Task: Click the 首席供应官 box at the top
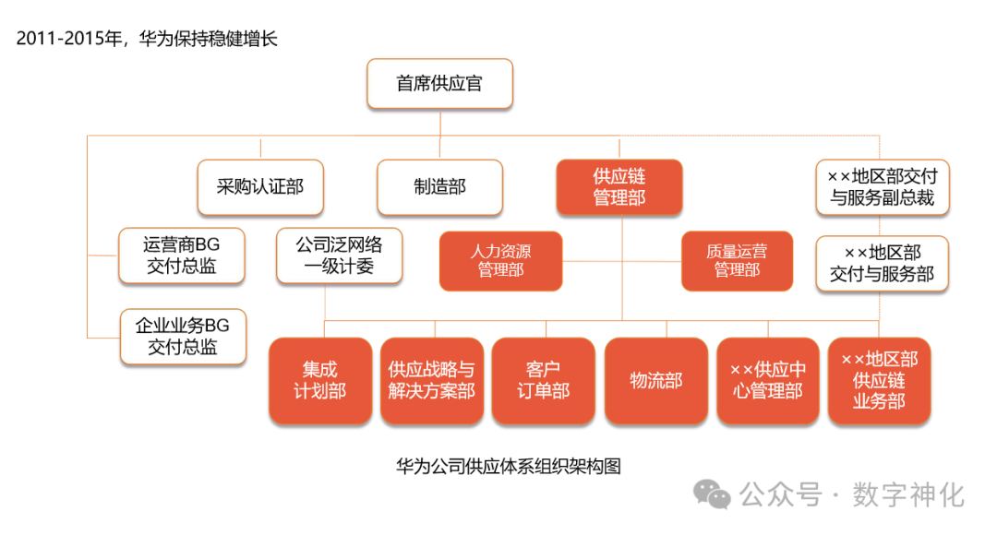(x=439, y=84)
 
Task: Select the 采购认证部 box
(x=259, y=187)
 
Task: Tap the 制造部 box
(x=439, y=187)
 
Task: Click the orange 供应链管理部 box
(x=619, y=186)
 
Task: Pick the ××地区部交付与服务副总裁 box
(x=883, y=186)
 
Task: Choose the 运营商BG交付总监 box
(x=182, y=256)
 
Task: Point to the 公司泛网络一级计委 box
(x=339, y=256)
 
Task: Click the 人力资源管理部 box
(x=500, y=260)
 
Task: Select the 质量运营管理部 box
(x=736, y=260)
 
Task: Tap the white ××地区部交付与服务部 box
(x=882, y=263)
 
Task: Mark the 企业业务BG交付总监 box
(x=183, y=336)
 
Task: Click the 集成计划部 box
(x=319, y=380)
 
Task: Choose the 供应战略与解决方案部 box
(x=431, y=380)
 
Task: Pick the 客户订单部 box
(x=543, y=380)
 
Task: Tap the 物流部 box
(x=655, y=380)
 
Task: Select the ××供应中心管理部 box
(x=767, y=380)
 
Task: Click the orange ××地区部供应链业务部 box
(x=879, y=380)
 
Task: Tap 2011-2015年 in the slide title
(x=67, y=39)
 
